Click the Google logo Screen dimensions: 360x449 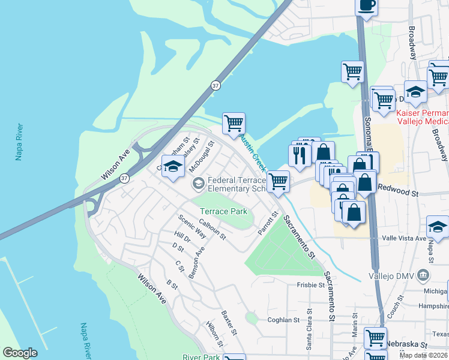20,353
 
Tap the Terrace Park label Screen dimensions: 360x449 223,212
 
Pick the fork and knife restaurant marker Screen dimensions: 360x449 298,155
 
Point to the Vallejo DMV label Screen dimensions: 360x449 390,275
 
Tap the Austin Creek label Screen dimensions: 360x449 253,153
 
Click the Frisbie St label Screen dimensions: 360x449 310,285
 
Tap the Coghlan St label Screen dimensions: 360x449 283,320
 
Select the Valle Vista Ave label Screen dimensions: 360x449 402,238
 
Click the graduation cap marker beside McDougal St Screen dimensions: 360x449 173,167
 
